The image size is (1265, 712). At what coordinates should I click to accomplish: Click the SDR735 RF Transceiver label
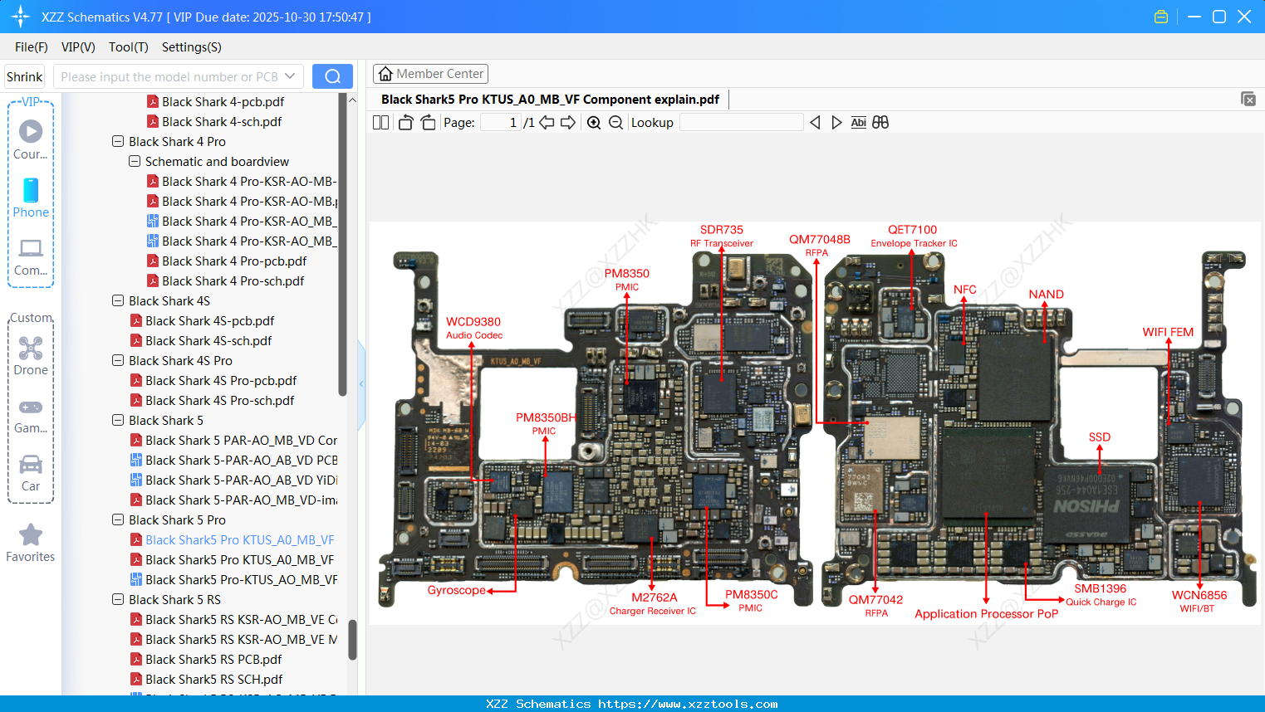point(721,236)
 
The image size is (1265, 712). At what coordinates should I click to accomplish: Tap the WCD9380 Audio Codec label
point(473,328)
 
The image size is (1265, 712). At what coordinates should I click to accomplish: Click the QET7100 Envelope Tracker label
point(913,236)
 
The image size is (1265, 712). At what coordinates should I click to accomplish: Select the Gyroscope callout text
point(456,590)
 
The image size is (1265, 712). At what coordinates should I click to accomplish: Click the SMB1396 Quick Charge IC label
point(1101,594)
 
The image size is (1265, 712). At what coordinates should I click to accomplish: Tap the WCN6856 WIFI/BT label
point(1199,601)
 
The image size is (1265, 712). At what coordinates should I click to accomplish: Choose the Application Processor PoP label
point(986,614)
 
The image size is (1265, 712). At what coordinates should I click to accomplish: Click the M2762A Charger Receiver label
point(653,603)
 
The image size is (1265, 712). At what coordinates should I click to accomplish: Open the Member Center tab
point(430,74)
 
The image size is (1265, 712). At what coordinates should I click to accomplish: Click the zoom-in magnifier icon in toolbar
point(594,123)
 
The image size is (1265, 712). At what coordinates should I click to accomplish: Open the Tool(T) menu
point(128,47)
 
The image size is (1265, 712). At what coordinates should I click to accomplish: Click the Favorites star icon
point(31,535)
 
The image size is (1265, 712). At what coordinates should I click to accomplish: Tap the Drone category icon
point(31,349)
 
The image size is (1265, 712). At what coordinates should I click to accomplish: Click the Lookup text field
point(741,123)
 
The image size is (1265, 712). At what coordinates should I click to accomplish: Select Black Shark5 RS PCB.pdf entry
point(213,660)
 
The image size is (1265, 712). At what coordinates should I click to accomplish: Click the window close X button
point(1243,17)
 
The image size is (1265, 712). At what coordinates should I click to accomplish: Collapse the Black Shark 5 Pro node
point(118,520)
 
